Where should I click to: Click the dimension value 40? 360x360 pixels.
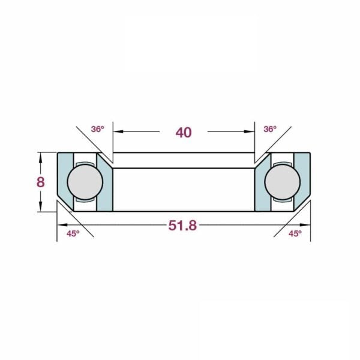pos(184,133)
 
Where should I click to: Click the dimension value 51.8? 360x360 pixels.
pos(182,226)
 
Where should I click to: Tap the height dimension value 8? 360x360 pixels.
pos(40,182)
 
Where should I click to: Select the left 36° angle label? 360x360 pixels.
pos(98,129)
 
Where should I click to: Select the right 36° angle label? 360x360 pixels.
pos(270,129)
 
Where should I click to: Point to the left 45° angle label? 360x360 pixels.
pos(73,234)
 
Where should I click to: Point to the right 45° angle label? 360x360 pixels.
pos(295,234)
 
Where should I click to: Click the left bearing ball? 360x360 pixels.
pos(85,182)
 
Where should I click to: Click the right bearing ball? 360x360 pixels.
pos(283,182)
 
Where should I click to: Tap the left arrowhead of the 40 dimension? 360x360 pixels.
pos(118,131)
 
